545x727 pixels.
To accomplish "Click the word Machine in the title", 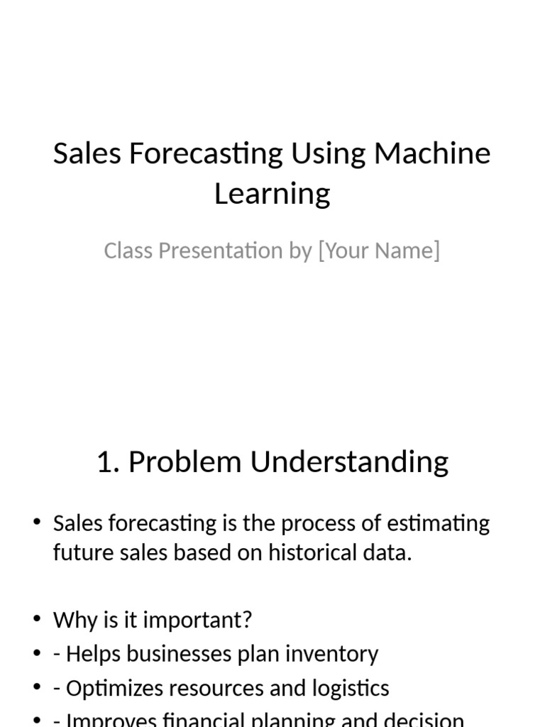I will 432,153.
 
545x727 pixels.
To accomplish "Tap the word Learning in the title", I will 272,193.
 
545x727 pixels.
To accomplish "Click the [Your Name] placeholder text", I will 379,251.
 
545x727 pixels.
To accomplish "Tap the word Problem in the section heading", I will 185,462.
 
